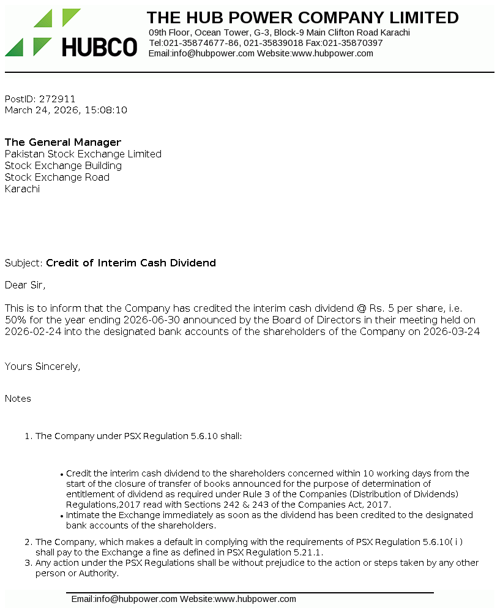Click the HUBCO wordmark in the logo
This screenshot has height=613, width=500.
click(99, 47)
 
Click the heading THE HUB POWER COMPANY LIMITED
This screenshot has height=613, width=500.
click(302, 17)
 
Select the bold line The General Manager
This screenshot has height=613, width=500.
click(63, 142)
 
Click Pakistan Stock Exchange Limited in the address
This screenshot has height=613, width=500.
click(83, 154)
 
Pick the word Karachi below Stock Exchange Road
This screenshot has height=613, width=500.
click(22, 189)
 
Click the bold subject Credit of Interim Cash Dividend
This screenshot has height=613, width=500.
click(131, 263)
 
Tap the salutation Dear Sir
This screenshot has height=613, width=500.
click(25, 285)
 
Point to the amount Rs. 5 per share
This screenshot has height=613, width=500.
click(401, 308)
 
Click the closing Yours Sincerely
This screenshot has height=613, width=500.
click(42, 366)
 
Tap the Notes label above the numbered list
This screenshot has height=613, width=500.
click(18, 398)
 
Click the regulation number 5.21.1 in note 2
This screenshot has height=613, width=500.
click(308, 552)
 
